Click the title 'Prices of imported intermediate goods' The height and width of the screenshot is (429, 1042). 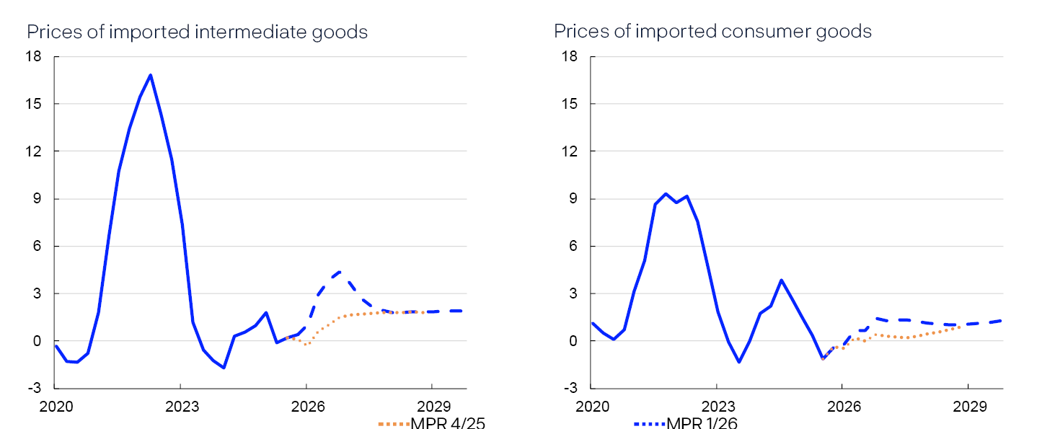(x=198, y=32)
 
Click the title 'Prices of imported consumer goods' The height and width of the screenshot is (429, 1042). (x=712, y=32)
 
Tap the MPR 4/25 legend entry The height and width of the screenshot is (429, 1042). (x=431, y=423)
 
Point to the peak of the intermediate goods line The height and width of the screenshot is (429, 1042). (x=150, y=75)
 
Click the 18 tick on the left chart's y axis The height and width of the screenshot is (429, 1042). (x=34, y=57)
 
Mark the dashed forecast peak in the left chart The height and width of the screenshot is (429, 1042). (x=339, y=273)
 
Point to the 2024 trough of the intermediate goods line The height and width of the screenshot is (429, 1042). (x=224, y=368)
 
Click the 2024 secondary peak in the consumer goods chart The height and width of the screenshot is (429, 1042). (x=781, y=280)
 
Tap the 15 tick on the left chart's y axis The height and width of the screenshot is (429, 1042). (x=34, y=104)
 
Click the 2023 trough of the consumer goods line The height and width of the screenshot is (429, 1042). (x=738, y=362)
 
